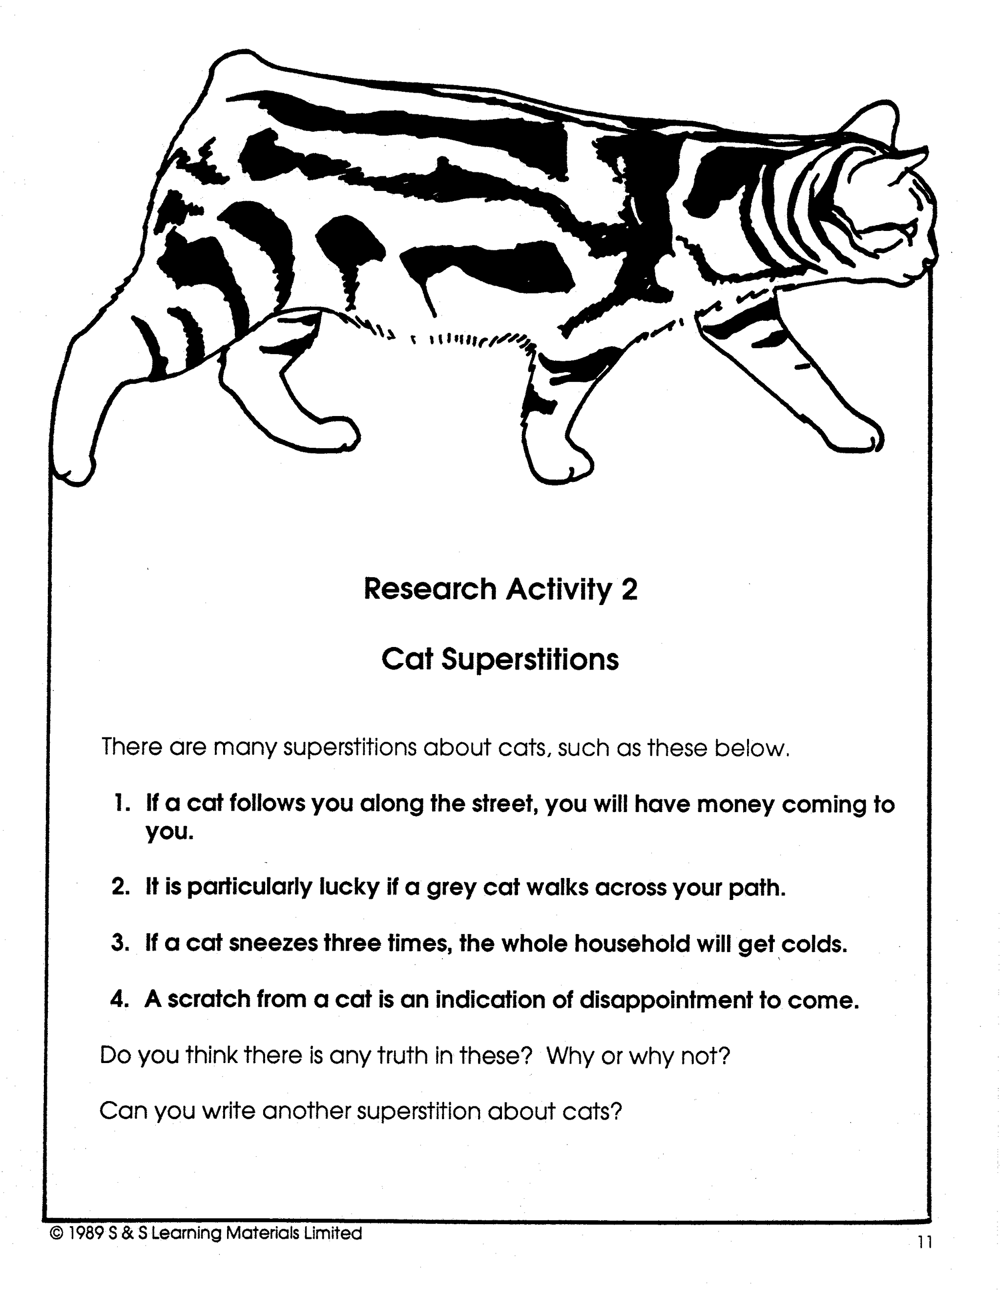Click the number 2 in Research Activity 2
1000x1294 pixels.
point(629,589)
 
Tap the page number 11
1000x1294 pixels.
point(925,1242)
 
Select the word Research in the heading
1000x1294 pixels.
point(430,589)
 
